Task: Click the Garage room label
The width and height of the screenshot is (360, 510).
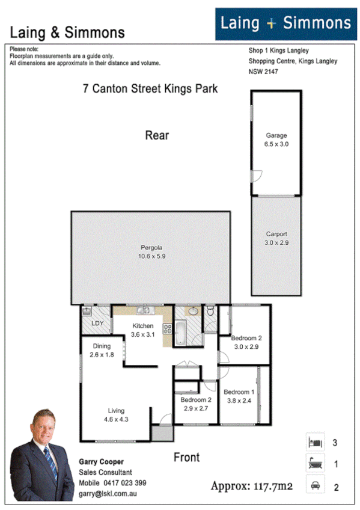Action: (276, 135)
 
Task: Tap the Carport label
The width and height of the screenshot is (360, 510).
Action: (276, 235)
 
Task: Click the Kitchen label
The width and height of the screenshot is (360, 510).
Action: (143, 326)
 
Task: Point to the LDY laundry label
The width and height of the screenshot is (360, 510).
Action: (97, 324)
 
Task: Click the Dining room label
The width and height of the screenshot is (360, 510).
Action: (101, 346)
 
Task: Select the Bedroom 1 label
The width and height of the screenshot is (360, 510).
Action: (239, 392)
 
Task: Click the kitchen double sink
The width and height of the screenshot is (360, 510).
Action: (144, 310)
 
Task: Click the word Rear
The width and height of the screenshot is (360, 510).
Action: (157, 135)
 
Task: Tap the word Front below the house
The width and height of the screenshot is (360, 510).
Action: (186, 457)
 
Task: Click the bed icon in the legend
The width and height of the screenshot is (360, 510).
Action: (316, 443)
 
